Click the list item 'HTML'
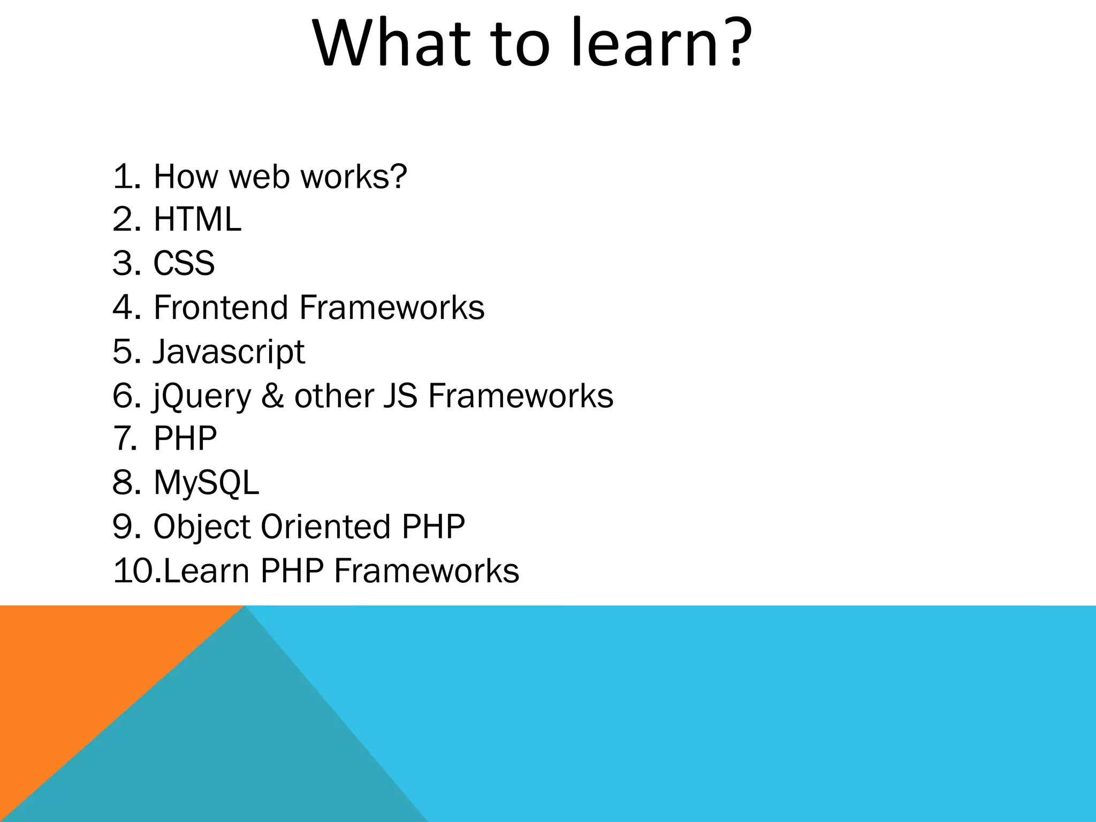[197, 219]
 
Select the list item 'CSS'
[184, 263]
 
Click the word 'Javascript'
[229, 352]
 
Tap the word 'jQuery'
[202, 397]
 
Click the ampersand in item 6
[273, 396]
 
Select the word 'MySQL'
[206, 483]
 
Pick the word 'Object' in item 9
[202, 527]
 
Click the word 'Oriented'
[325, 527]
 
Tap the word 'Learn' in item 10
[207, 570]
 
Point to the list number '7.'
[126, 439]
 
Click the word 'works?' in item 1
[354, 176]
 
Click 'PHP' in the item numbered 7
[185, 439]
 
